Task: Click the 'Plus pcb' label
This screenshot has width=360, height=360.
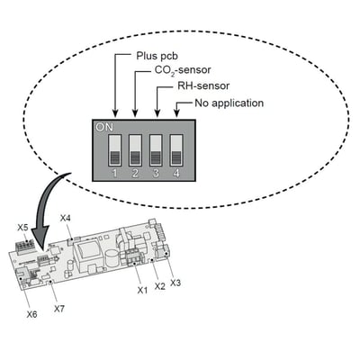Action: point(157,56)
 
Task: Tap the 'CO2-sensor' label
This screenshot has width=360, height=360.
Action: point(183,70)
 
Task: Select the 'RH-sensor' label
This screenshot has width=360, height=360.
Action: point(203,85)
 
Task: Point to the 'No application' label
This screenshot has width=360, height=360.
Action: point(229,103)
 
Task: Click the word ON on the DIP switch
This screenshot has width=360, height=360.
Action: point(104,127)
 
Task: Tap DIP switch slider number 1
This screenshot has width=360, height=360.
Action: point(114,150)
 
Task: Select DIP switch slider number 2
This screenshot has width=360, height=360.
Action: point(135,150)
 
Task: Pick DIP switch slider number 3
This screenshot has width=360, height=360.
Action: point(156,150)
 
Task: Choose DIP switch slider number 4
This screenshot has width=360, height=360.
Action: point(176,150)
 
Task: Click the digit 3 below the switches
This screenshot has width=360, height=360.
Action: point(156,174)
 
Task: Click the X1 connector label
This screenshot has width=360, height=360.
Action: point(142,290)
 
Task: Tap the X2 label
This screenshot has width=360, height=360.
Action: point(160,286)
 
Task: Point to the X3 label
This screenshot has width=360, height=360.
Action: point(175,283)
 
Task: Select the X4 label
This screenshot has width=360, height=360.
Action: point(65,218)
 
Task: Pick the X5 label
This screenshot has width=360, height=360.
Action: point(22,228)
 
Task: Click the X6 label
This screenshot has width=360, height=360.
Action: point(31,314)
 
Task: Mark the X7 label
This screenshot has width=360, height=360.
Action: point(59,309)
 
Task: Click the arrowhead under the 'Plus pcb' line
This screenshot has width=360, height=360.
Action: point(115,113)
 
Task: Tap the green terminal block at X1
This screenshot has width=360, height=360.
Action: point(134,258)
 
